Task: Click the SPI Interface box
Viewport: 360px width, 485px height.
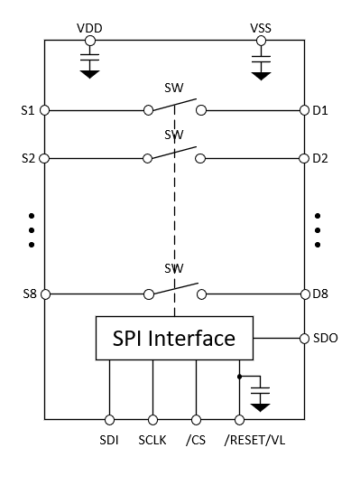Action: [174, 339]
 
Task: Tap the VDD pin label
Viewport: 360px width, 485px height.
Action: [89, 28]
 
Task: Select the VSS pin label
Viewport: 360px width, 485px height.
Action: [262, 28]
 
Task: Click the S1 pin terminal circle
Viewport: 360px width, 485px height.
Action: [44, 111]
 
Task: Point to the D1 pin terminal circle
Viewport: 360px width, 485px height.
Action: [304, 111]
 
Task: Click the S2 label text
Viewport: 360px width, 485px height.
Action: [27, 158]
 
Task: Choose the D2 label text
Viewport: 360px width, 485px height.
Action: [320, 158]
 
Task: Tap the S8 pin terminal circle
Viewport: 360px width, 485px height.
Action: [44, 294]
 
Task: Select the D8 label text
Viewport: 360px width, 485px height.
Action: [320, 294]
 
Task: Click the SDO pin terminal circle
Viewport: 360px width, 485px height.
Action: [304, 340]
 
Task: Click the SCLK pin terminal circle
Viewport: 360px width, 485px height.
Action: [152, 419]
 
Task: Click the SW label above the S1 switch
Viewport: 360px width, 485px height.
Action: [173, 89]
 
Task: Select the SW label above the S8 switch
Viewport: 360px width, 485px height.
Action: [173, 269]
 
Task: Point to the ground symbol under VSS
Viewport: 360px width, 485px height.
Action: [262, 75]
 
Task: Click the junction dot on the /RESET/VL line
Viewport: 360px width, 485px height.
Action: [239, 376]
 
